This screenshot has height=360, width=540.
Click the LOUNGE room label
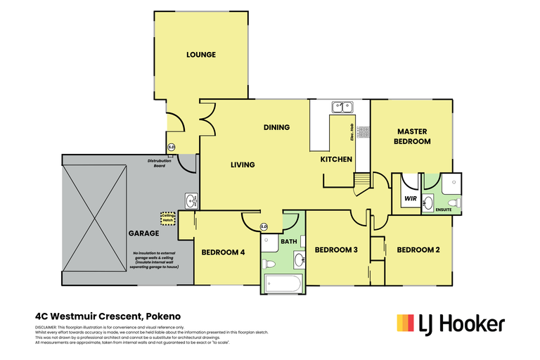pos(200,55)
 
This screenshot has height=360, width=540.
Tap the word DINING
pos(276,127)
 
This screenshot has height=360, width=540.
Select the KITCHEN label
pos(336,160)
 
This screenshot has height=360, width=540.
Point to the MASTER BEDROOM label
pos(413,136)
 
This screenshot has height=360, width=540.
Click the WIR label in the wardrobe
pos(410,199)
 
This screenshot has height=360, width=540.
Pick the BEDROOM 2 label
pos(418,250)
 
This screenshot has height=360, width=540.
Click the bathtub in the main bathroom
pos(283,285)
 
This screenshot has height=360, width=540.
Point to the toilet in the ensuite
pos(457,203)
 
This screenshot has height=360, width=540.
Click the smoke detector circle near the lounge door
pos(171,147)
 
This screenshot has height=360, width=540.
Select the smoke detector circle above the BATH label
pos(264,226)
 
